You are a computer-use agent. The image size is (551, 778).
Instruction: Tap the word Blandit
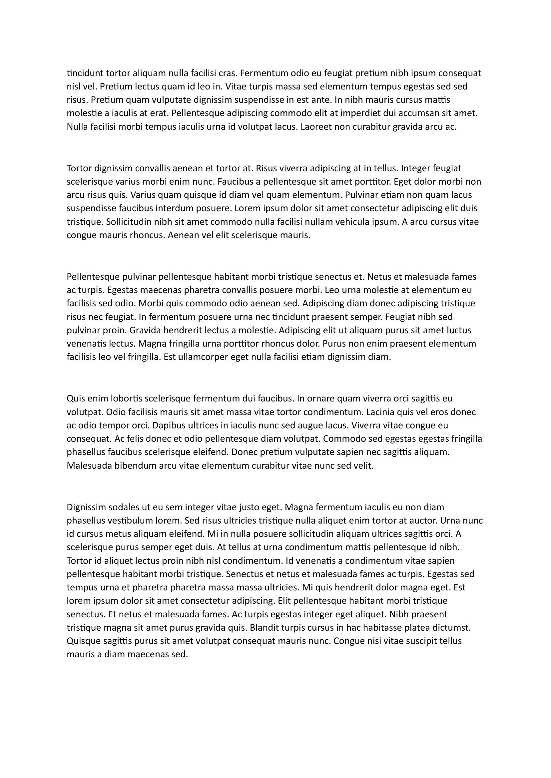click(x=263, y=628)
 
